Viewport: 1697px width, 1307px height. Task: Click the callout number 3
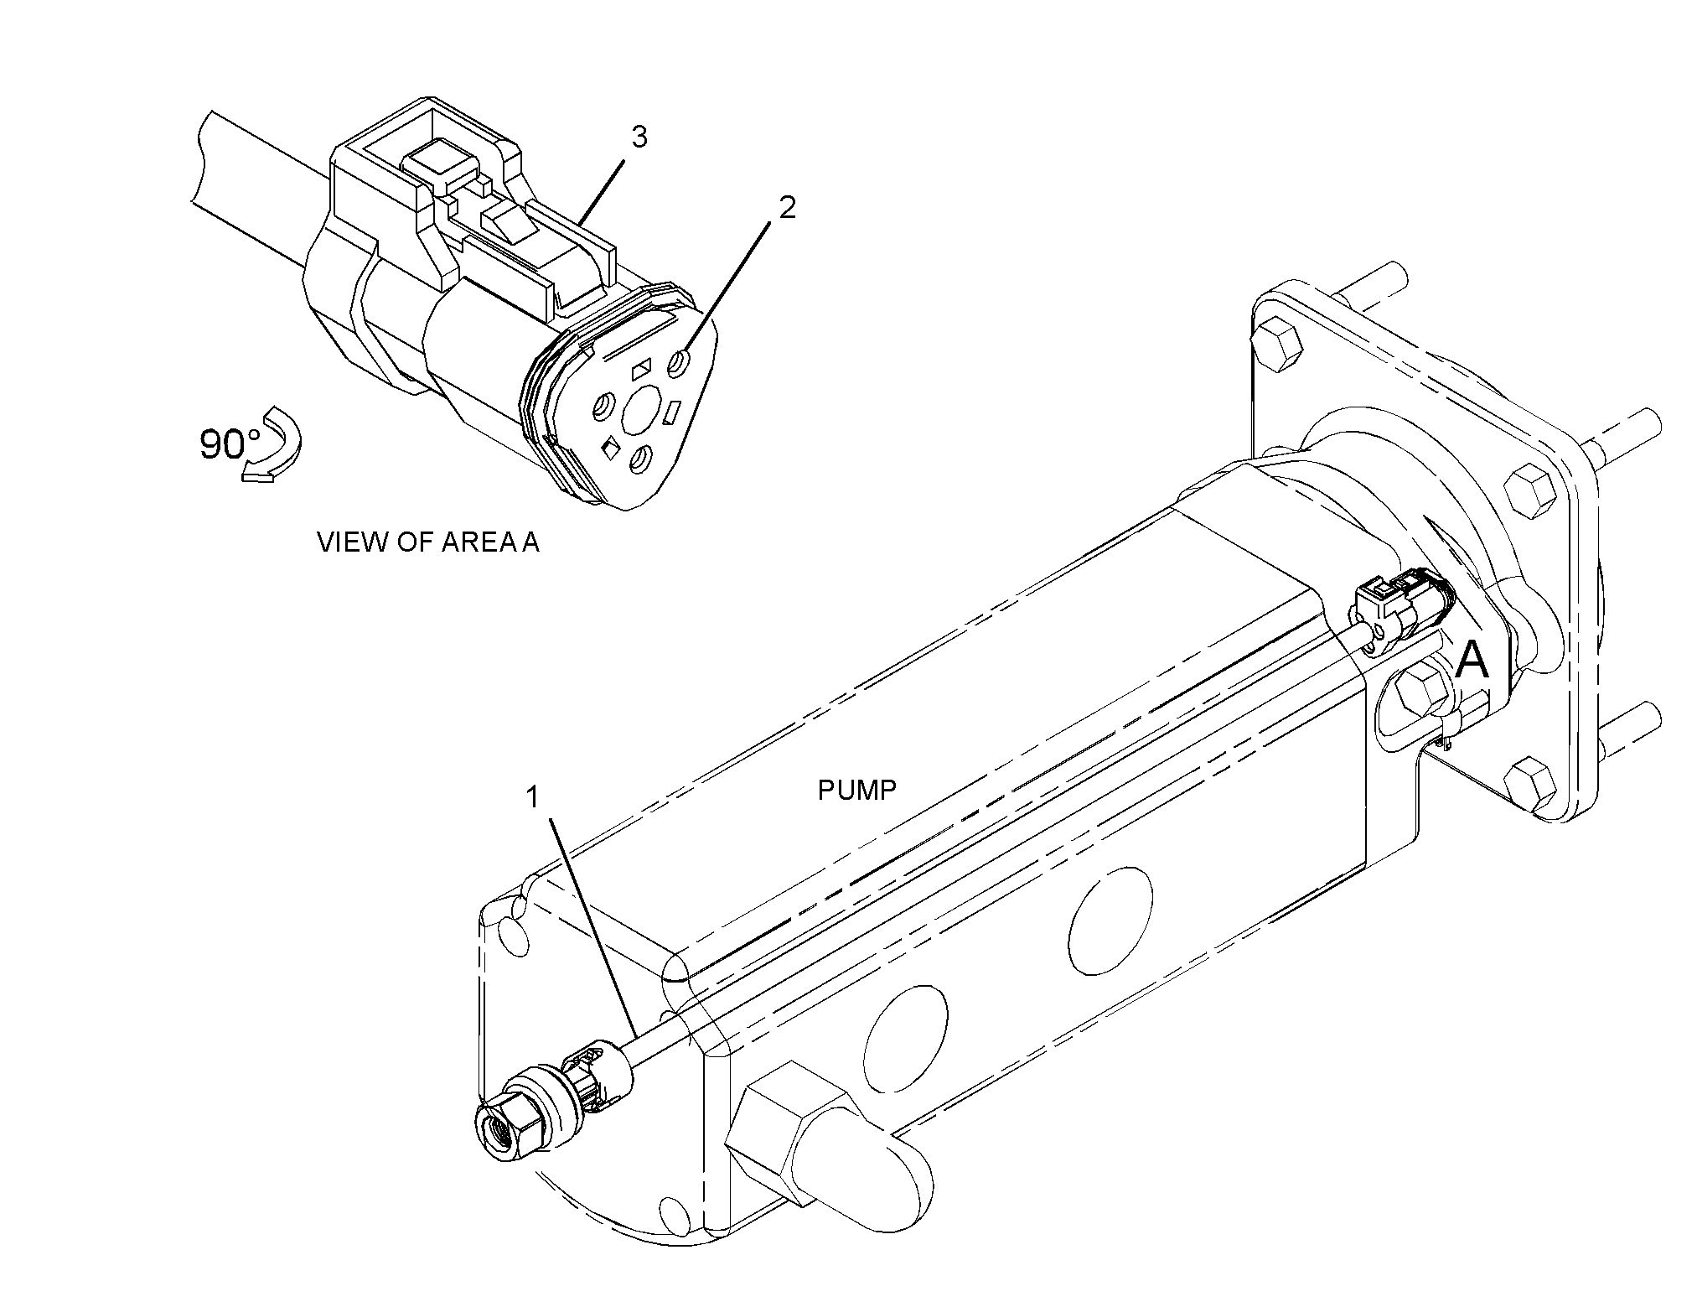[x=639, y=137]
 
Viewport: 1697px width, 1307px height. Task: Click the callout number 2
[x=787, y=208]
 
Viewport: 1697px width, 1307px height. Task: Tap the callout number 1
[x=531, y=797]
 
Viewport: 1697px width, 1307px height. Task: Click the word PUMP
[x=856, y=790]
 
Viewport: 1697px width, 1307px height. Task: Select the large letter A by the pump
[x=1472, y=660]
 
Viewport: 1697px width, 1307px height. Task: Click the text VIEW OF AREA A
[x=428, y=542]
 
